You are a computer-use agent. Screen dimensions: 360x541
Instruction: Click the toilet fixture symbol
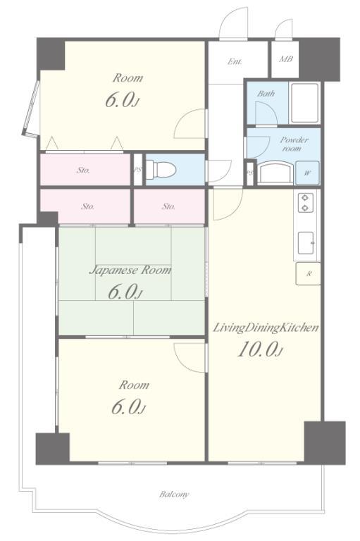[161, 169]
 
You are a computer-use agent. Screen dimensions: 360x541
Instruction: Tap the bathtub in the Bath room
[304, 103]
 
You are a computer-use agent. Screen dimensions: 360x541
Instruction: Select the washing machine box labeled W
[307, 173]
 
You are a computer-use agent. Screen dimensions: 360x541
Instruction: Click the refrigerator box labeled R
[309, 274]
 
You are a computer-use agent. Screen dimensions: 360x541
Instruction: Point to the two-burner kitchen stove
[305, 203]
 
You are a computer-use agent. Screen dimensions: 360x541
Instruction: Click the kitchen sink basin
[306, 244]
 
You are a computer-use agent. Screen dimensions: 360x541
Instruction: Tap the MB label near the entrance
[286, 59]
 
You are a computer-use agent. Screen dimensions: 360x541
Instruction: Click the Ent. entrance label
[235, 61]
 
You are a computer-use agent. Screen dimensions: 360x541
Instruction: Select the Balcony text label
[174, 494]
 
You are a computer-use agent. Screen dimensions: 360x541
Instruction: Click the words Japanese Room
[130, 270]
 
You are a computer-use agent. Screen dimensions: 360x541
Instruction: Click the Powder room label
[294, 144]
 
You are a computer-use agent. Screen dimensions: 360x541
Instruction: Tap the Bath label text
[266, 93]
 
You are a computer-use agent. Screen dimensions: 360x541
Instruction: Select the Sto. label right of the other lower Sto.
[168, 206]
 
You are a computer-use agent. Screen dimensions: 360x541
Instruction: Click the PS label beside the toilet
[137, 170]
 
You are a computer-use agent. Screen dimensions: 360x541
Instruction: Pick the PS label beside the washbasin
[250, 173]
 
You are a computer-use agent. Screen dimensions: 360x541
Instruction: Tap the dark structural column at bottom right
[325, 442]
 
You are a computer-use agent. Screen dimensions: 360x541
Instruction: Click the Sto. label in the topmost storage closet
[83, 170]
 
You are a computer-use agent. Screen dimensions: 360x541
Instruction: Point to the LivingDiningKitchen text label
[265, 328]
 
